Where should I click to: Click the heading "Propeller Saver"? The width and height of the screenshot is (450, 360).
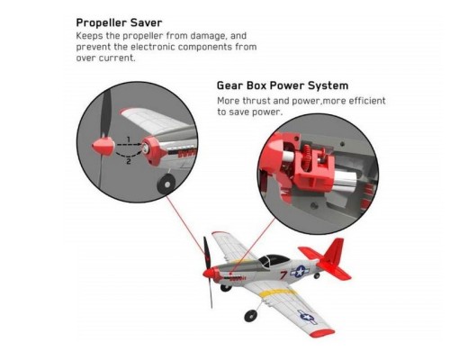click(x=119, y=22)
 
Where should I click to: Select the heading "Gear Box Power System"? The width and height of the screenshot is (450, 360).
click(x=283, y=85)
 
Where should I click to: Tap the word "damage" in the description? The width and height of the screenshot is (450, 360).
click(x=208, y=36)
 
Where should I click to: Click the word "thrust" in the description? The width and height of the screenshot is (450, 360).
click(x=256, y=101)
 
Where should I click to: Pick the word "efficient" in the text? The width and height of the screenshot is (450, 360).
click(x=366, y=101)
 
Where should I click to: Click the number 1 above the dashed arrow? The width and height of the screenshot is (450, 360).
click(x=129, y=139)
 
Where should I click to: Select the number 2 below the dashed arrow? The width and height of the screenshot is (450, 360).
click(x=129, y=162)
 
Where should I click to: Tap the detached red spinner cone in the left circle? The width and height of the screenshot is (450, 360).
click(x=103, y=147)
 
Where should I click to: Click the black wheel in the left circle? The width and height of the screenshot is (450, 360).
click(x=166, y=184)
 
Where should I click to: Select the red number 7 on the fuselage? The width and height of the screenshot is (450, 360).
click(x=283, y=274)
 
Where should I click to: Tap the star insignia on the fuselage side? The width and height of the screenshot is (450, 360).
click(x=300, y=272)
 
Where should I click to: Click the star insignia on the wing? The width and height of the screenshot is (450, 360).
click(x=308, y=317)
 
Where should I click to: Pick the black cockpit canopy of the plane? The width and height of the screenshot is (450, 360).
click(x=274, y=259)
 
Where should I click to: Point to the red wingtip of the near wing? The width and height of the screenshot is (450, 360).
click(x=322, y=333)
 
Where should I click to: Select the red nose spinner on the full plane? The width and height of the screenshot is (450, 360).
click(x=210, y=273)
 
